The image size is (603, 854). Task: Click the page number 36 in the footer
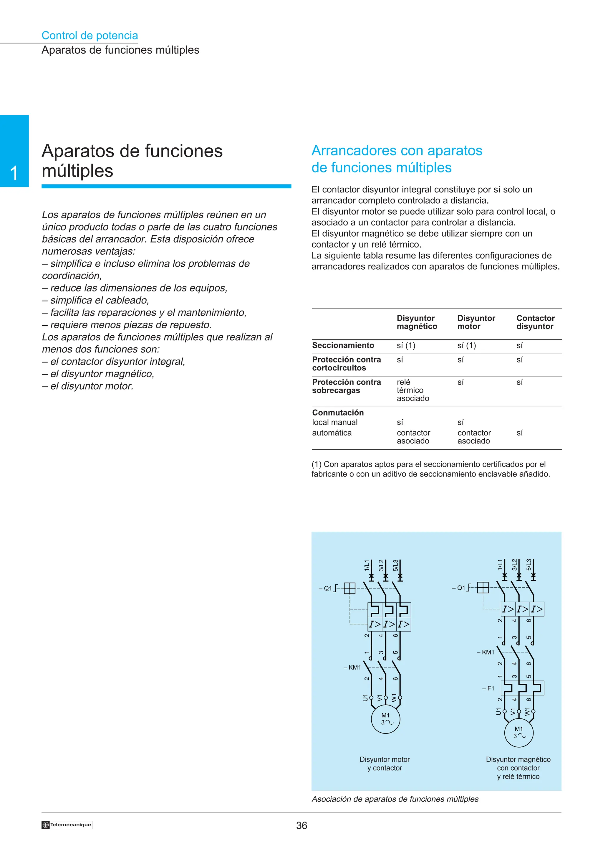pos(301,825)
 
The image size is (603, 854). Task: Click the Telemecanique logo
pos(67,825)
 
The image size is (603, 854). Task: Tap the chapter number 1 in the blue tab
pos(14,173)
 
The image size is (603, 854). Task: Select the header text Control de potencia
pos(90,35)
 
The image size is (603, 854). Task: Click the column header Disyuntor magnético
pos(417,322)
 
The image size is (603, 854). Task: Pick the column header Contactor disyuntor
pos(535,322)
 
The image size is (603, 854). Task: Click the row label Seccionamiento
pos(343,345)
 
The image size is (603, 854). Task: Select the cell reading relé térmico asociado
pos(413,390)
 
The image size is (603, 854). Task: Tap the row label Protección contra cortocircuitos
pos(346,364)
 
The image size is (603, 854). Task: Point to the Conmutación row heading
pos(338,413)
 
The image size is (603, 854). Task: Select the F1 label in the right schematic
pos(489,688)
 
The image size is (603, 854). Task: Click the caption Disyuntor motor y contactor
pos(385,764)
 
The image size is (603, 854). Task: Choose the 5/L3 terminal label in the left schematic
pos(395,566)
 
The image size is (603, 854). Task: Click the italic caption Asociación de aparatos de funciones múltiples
pos(395,799)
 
